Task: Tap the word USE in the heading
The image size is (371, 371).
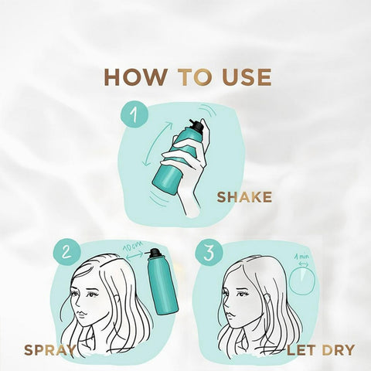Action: point(247,77)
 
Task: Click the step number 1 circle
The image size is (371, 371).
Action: point(135,114)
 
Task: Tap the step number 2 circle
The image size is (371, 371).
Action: point(67,252)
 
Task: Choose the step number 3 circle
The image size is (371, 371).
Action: point(209,254)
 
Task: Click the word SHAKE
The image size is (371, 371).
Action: point(244,197)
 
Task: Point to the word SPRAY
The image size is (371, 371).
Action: point(49,350)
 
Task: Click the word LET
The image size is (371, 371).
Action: point(301,350)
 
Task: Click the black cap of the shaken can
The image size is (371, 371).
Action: point(196,125)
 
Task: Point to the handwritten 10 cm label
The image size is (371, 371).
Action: point(133,247)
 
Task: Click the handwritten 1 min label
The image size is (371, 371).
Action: point(301,257)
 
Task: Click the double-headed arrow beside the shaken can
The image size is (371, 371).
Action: point(157,145)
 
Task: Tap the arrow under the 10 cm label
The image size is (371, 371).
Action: point(134,257)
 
